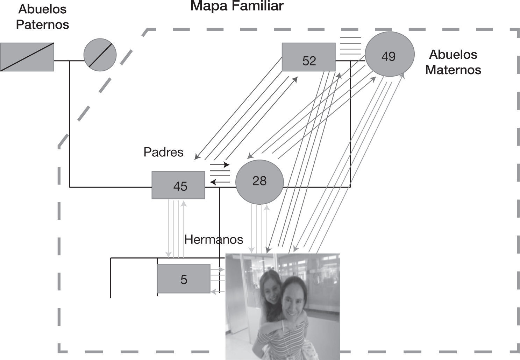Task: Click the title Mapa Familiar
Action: point(237,6)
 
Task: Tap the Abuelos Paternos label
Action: point(42,17)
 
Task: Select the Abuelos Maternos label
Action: point(453,62)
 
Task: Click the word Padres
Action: point(163,152)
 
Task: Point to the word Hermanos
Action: point(213,239)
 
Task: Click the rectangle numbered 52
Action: point(308,57)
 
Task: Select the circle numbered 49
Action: point(390,54)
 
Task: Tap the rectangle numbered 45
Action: point(178,185)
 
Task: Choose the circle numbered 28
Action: point(259,182)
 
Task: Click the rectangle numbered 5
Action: point(183,278)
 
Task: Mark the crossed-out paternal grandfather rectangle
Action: point(27,57)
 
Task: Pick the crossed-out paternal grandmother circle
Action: point(100,55)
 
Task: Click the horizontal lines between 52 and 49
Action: point(350,45)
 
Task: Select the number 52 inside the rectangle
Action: point(309,61)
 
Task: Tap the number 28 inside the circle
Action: point(259,181)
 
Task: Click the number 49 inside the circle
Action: point(388,56)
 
